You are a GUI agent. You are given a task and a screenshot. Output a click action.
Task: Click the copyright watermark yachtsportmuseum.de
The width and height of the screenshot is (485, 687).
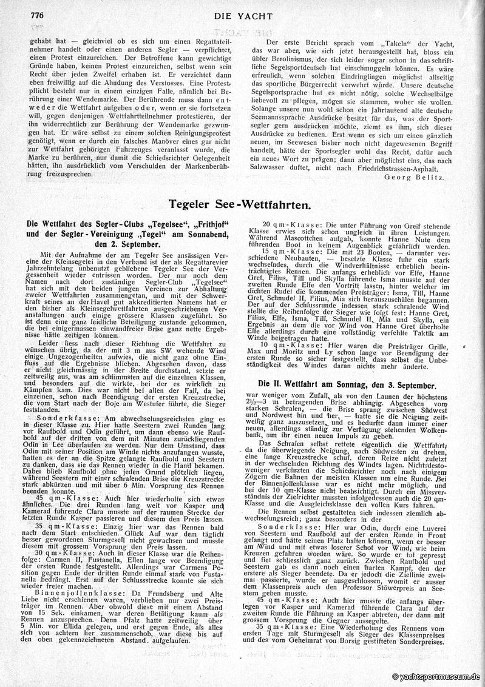[x=436, y=677]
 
